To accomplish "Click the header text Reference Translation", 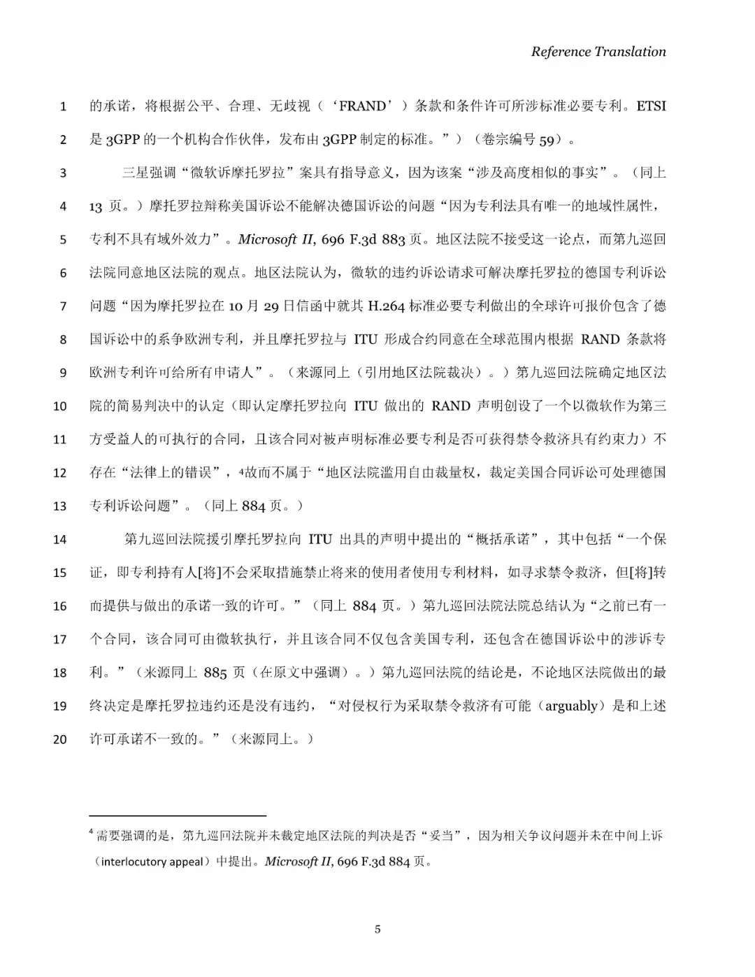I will coord(598,51).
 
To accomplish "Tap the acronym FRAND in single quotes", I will coord(361,106).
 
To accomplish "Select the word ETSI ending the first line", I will coord(651,106).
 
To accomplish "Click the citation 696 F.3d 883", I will coord(364,240).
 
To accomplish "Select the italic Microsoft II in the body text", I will coord(277,240).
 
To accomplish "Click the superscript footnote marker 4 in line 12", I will coord(241,471).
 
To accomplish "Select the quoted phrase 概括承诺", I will coord(502,539).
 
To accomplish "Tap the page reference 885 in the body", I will coord(215,673).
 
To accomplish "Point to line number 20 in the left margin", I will coord(60,739).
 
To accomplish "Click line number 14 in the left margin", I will coord(60,539).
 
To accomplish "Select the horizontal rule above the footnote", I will coord(178,815).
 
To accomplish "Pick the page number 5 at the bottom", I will coord(378,929).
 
